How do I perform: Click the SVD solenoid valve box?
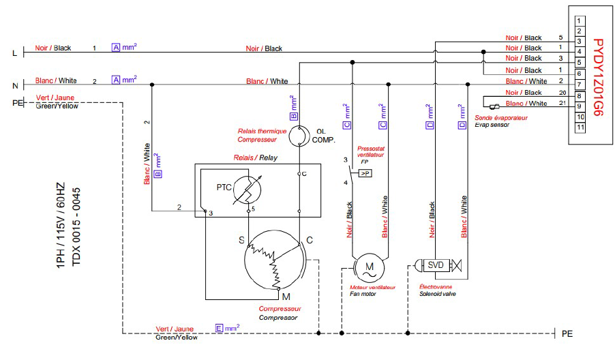coord(436,265)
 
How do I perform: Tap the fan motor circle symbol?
coord(370,268)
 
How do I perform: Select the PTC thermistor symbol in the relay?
coord(247,190)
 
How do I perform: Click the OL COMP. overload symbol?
coord(299,136)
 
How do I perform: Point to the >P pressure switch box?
coord(365,173)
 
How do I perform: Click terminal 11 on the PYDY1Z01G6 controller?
coord(580,127)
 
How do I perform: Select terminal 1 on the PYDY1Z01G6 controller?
coord(580,20)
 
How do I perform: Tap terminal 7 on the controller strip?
coord(580,85)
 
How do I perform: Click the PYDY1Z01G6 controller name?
coord(597,77)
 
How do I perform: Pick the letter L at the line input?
coord(15,53)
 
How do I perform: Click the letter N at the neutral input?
coord(15,85)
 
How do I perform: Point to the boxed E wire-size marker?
coord(220,328)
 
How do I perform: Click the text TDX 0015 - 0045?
coord(76,226)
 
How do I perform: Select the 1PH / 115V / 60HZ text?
coord(60,226)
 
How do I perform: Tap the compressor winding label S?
coord(241,240)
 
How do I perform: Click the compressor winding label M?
coord(286,297)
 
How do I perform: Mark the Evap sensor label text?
coord(492,125)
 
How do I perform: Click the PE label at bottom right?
coord(567,333)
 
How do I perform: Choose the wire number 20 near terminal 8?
coord(562,93)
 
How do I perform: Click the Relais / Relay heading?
coord(255,157)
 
